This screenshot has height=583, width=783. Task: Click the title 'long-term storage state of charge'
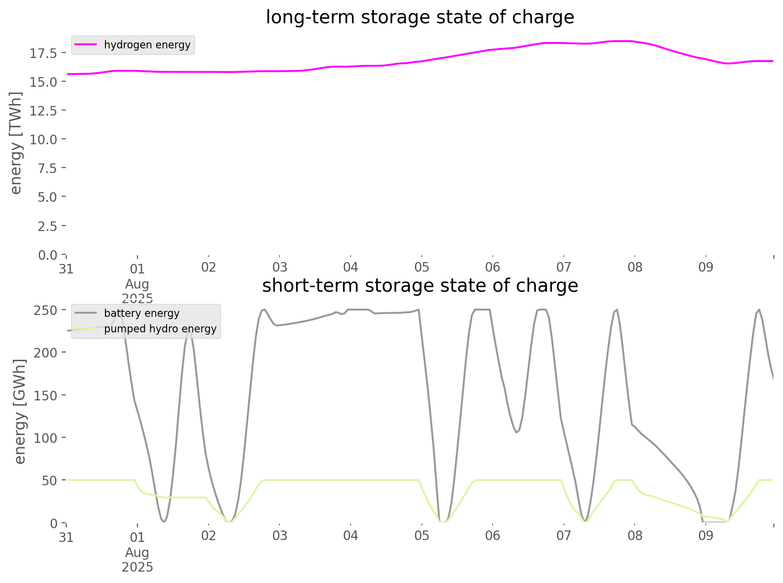pyautogui.click(x=420, y=17)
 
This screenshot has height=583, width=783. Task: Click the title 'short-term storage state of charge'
pyautogui.click(x=420, y=286)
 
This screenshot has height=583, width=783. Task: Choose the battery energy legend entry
pyautogui.click(x=142, y=313)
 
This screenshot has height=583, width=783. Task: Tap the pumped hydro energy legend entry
pyautogui.click(x=160, y=329)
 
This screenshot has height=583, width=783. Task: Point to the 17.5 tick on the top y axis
pyautogui.click(x=44, y=53)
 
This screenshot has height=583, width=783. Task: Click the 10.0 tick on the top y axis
pyautogui.click(x=44, y=139)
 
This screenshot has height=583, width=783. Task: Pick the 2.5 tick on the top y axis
pyautogui.click(x=47, y=226)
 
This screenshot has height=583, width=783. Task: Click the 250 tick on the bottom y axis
pyautogui.click(x=46, y=310)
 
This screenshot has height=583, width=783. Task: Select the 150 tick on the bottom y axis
pyautogui.click(x=46, y=395)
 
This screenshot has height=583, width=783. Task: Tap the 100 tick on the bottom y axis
pyautogui.click(x=46, y=438)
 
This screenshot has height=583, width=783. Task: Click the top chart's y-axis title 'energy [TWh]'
pyautogui.click(x=16, y=143)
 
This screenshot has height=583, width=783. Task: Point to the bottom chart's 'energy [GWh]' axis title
pyautogui.click(x=20, y=411)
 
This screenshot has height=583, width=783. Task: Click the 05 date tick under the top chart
pyautogui.click(x=421, y=267)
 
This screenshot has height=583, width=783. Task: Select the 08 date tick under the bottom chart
pyautogui.click(x=635, y=536)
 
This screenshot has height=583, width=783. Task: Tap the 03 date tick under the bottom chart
pyautogui.click(x=279, y=536)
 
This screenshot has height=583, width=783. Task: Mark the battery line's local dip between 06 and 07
pyautogui.click(x=516, y=432)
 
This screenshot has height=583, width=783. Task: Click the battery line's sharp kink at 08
pyautogui.click(x=632, y=424)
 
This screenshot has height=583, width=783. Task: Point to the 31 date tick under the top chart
pyautogui.click(x=66, y=269)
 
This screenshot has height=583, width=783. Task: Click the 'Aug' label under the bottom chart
pyautogui.click(x=137, y=552)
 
